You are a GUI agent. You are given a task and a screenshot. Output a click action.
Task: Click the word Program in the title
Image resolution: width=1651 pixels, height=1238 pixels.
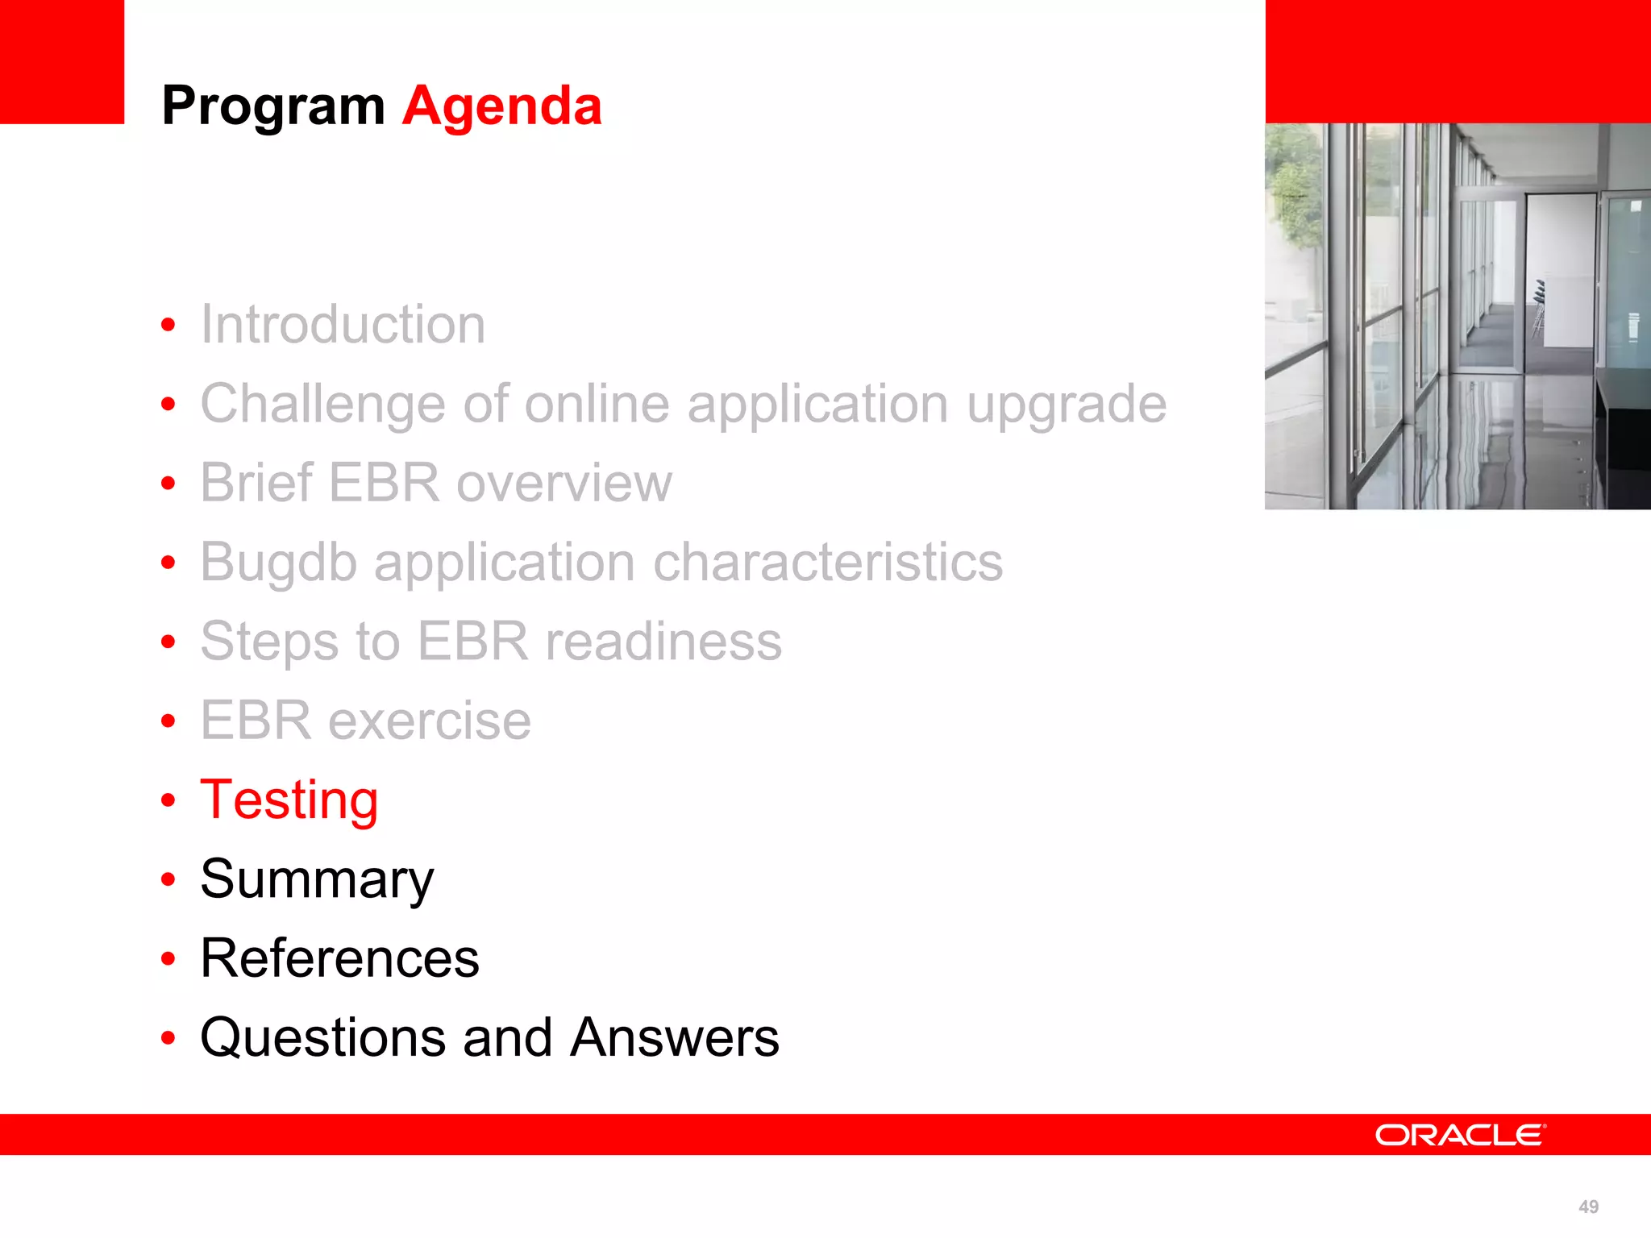[272, 107]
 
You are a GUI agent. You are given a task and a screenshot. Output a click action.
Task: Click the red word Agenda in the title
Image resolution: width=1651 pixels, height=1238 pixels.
[501, 106]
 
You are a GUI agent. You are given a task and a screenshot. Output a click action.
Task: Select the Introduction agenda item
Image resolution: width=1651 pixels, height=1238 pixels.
[343, 324]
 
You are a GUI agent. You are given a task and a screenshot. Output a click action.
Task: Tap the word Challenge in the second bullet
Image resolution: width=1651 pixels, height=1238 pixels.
[322, 404]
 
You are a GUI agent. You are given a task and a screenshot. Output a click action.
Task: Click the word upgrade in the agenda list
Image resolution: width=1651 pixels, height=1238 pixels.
[1066, 404]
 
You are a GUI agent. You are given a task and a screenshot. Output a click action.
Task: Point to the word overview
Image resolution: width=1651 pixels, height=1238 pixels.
[564, 483]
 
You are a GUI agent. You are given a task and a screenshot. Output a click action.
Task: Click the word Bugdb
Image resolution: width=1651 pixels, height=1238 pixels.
[278, 562]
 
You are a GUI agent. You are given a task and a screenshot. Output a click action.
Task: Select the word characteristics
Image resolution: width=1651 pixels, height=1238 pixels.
[828, 562]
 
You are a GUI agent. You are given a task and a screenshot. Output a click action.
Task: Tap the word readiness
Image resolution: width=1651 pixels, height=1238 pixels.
[663, 642]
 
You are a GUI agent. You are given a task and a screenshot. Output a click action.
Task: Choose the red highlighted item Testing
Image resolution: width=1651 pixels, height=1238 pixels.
[289, 800]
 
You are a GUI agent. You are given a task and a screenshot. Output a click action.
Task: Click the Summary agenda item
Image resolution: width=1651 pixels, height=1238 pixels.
[317, 879]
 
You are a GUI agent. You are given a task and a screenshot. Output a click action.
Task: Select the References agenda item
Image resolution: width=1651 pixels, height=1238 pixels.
[339, 958]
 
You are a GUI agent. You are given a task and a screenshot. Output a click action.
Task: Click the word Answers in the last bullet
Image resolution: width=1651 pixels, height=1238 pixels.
[674, 1037]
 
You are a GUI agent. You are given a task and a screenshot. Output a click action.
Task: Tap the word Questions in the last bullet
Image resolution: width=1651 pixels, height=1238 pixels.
[322, 1037]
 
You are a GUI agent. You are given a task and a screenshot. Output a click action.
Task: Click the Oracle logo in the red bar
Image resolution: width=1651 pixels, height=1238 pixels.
[1460, 1135]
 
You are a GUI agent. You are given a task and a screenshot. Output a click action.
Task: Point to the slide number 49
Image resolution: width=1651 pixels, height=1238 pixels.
[1588, 1207]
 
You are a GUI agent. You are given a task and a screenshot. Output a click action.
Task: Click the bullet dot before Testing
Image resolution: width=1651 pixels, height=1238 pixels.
[168, 800]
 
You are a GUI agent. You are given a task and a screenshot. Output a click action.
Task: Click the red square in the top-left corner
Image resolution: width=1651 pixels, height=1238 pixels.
[61, 61]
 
